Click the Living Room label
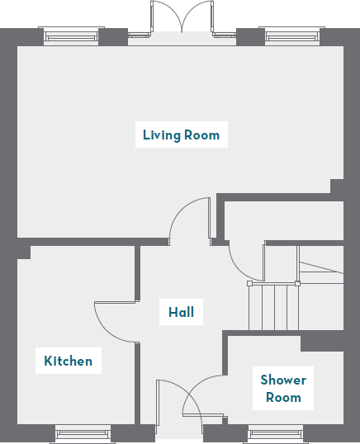point(181,135)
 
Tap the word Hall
point(181,312)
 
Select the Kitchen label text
point(68,361)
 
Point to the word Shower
point(283,380)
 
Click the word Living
point(160,135)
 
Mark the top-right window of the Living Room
point(291,35)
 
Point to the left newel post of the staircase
point(250,284)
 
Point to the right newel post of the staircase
point(297,284)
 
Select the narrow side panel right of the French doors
point(224,35)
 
